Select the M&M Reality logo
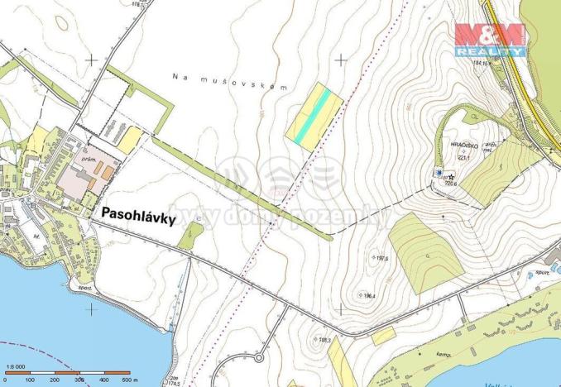coord(489,39)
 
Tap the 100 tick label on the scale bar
coord(30,380)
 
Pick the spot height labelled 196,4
coord(367,295)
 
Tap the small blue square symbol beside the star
coord(439,172)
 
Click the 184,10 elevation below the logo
coord(482,62)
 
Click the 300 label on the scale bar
coord(79,380)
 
